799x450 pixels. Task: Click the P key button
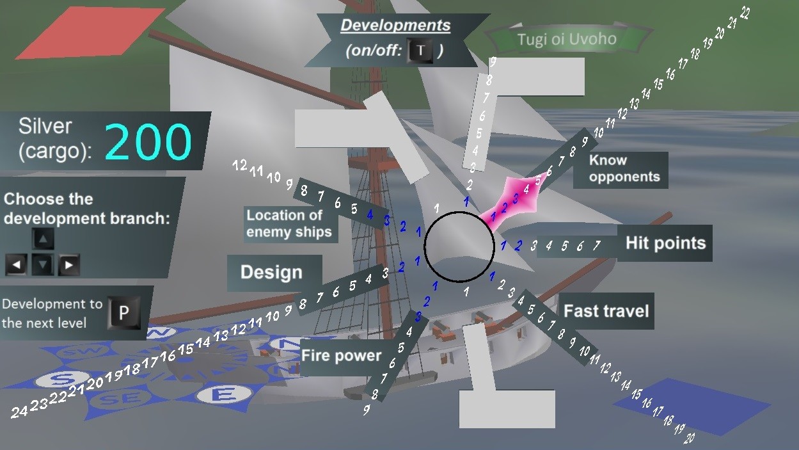point(124,312)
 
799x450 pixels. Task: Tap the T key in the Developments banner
point(420,51)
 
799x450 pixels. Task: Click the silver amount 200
point(149,141)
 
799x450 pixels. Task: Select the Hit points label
point(665,243)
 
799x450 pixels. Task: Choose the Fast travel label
point(606,312)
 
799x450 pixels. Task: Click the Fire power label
point(342,356)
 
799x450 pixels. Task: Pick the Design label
point(271,273)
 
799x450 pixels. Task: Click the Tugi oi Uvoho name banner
point(566,40)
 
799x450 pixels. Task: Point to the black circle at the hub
point(459,246)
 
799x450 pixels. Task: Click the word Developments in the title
point(395,26)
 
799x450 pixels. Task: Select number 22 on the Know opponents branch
point(745,13)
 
